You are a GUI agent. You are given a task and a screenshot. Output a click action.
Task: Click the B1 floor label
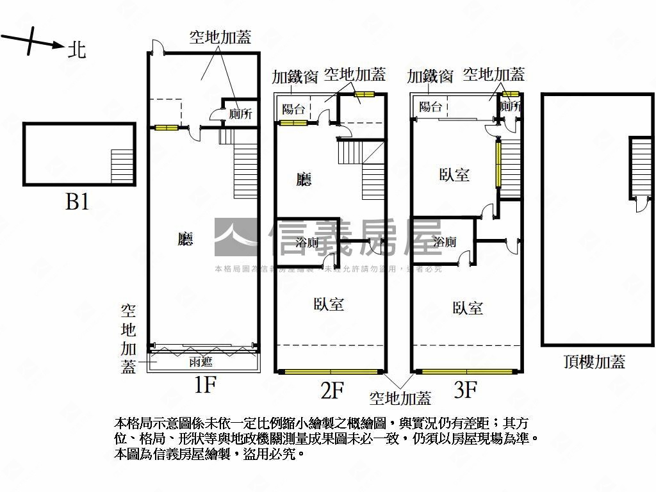click(x=78, y=202)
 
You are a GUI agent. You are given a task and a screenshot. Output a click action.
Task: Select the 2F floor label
click(x=332, y=389)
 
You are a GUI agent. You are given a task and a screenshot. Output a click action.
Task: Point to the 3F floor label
click(x=465, y=388)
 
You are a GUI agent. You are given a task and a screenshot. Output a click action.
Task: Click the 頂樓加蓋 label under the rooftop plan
click(x=594, y=362)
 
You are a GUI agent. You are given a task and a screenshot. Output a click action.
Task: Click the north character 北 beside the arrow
click(x=77, y=50)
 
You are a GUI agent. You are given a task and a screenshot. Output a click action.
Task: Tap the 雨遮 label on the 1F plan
click(x=201, y=362)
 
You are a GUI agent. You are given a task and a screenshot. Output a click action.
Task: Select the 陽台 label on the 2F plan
click(x=293, y=109)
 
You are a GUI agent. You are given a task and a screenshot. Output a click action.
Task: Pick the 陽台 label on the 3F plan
click(x=430, y=107)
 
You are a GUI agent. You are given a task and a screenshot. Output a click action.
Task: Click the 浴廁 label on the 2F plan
click(x=307, y=243)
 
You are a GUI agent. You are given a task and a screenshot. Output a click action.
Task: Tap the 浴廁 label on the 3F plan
click(x=445, y=242)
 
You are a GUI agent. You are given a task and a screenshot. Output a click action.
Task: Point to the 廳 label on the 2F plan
click(x=304, y=179)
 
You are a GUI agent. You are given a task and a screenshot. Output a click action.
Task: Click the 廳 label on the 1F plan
click(x=185, y=240)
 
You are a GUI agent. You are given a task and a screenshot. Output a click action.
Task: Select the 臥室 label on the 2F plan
click(x=329, y=304)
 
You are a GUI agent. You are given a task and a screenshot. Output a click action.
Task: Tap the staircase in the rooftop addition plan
click(x=641, y=168)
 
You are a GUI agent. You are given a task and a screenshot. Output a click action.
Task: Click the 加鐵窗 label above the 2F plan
click(x=295, y=78)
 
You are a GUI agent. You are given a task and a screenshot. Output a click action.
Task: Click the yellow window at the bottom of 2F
click(x=331, y=372)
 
